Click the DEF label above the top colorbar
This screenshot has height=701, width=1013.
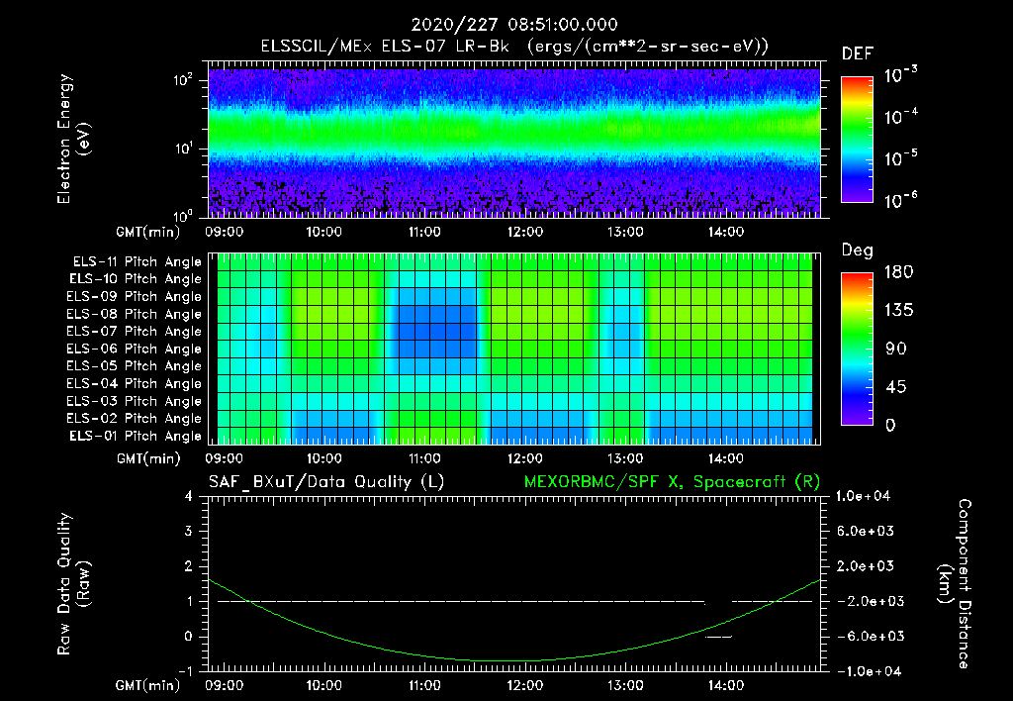coord(857,54)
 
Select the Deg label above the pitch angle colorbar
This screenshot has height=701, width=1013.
coord(857,250)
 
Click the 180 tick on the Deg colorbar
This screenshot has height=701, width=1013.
coord(893,272)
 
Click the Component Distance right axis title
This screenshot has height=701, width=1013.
coord(955,584)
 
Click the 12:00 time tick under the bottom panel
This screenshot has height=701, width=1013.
coord(524,684)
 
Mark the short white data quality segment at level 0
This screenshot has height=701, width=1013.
coord(718,637)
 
